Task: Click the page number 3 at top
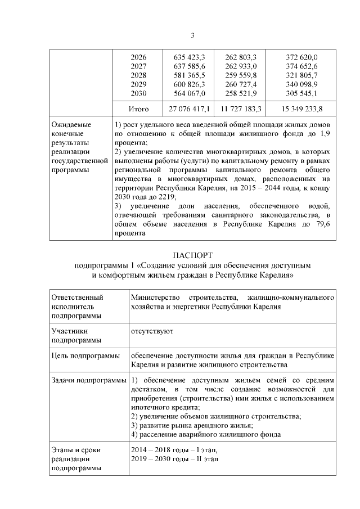(192, 36)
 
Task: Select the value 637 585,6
(187, 66)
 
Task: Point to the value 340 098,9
(301, 84)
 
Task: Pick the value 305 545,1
(301, 93)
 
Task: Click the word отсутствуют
(152, 331)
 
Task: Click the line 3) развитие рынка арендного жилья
(191, 425)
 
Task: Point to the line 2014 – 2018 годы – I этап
(173, 450)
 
